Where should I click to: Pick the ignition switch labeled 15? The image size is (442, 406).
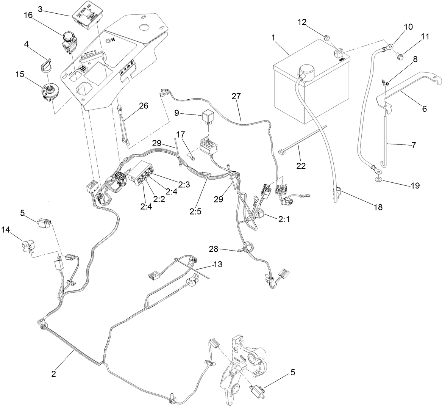pyautogui.click(x=48, y=91)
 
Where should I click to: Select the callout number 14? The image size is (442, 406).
pyautogui.click(x=6, y=229)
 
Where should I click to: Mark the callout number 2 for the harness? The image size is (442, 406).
pyautogui.click(x=54, y=373)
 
